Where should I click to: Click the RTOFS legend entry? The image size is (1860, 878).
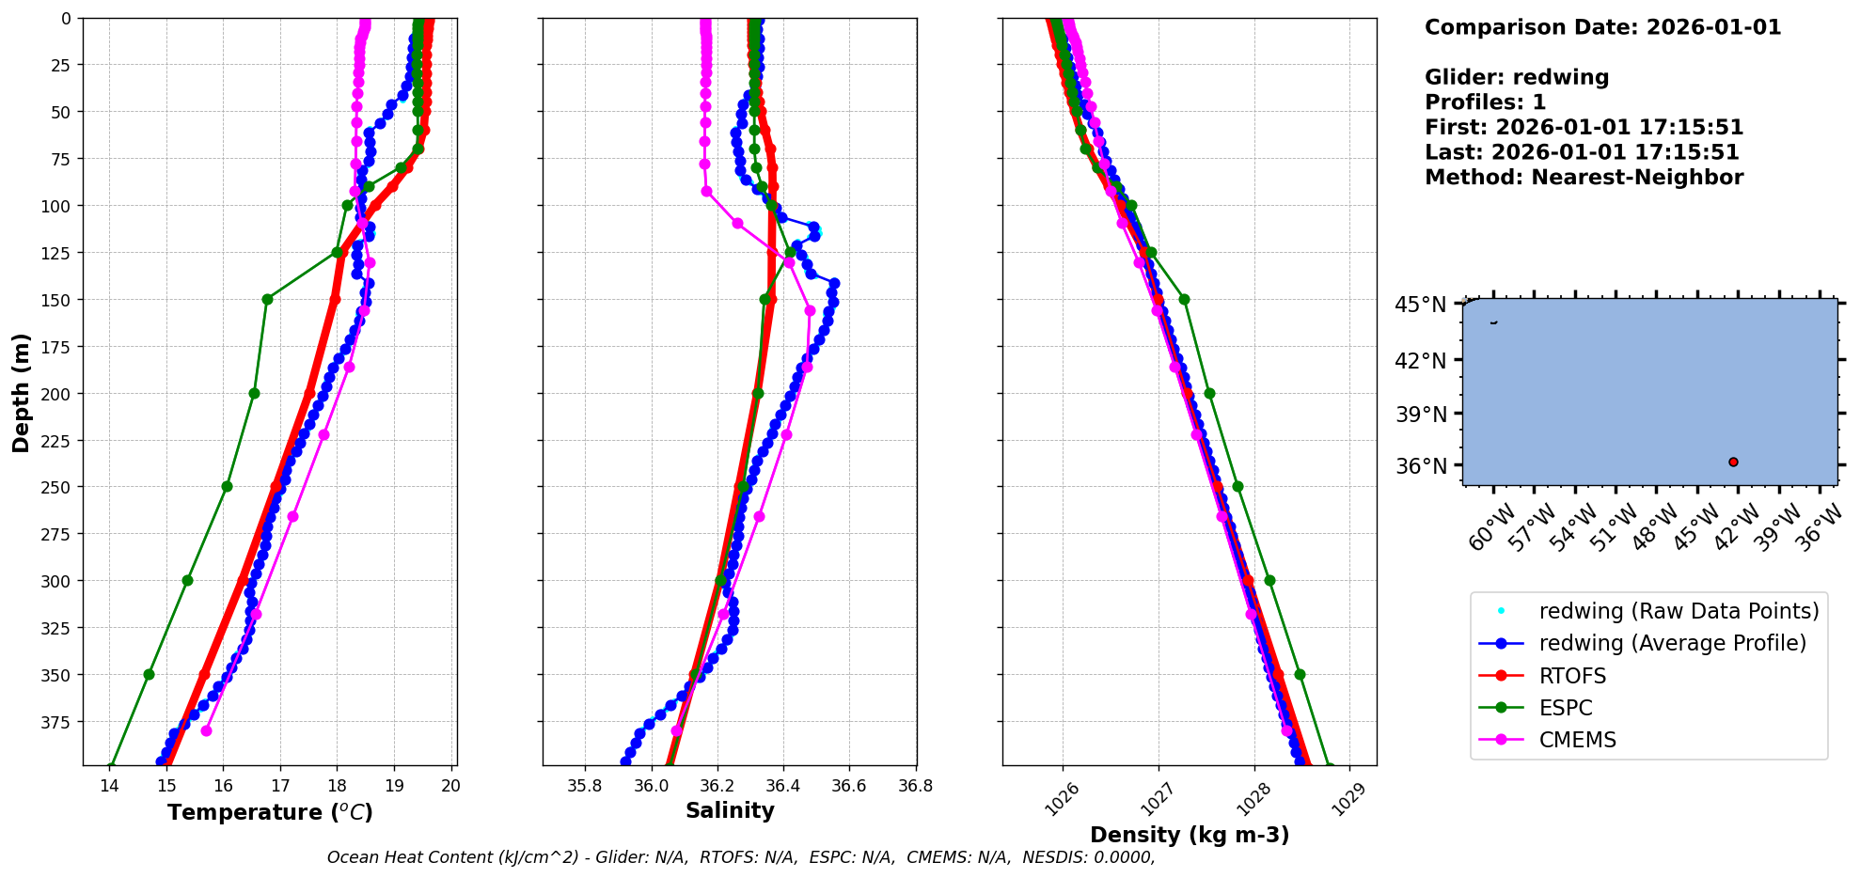[x=1572, y=676]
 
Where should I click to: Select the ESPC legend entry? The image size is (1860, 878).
[x=1566, y=708]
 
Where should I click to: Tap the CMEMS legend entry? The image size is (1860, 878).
[x=1577, y=740]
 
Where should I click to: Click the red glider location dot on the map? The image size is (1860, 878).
[x=1733, y=462]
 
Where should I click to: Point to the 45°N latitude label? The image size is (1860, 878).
[x=1421, y=305]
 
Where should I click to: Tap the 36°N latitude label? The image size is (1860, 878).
[x=1421, y=466]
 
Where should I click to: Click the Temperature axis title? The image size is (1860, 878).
[x=270, y=812]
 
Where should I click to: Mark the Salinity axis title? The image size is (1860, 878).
[x=730, y=810]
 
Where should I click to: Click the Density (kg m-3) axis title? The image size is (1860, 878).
[x=1190, y=835]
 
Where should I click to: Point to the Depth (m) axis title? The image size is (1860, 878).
[x=21, y=392]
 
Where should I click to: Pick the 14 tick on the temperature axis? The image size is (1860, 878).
[x=109, y=786]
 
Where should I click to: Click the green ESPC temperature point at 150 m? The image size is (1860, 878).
[x=267, y=300]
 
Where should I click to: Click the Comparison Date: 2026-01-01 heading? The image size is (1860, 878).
[x=1602, y=27]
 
